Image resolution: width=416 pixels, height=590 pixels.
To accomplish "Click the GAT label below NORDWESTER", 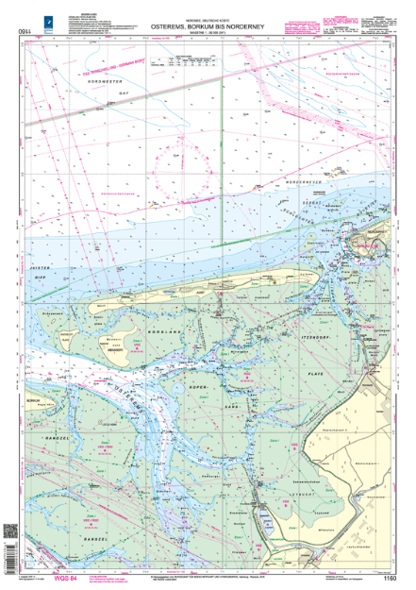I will pos(123,95).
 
